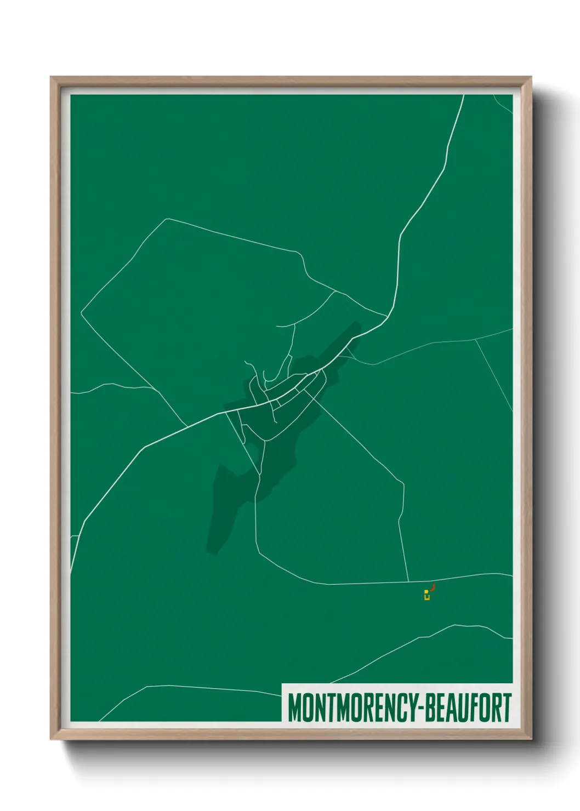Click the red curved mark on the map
tap(433, 588)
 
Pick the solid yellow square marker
tap(426, 592)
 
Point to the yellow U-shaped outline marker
tap(427, 597)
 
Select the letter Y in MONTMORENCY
tap(413, 707)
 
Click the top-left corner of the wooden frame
tap(52, 78)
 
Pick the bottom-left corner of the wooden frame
tap(52, 739)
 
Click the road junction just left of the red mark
tap(408, 581)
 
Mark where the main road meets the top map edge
tap(464, 95)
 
